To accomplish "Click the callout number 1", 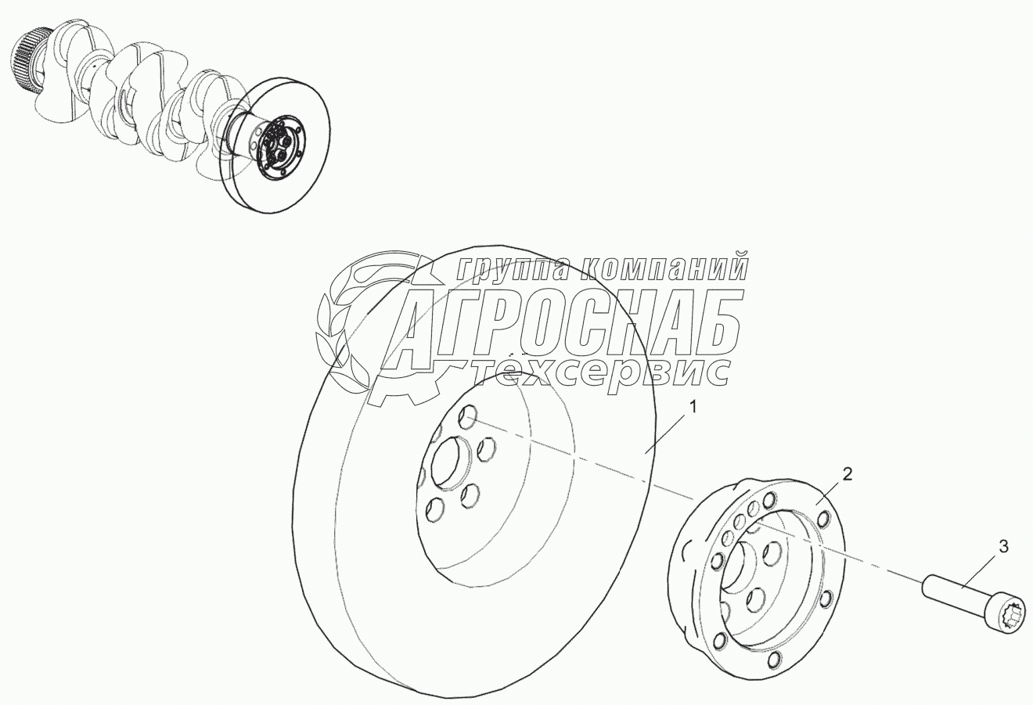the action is [x=693, y=408].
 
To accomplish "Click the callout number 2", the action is [x=848, y=474].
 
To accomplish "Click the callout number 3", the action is [x=1003, y=547].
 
